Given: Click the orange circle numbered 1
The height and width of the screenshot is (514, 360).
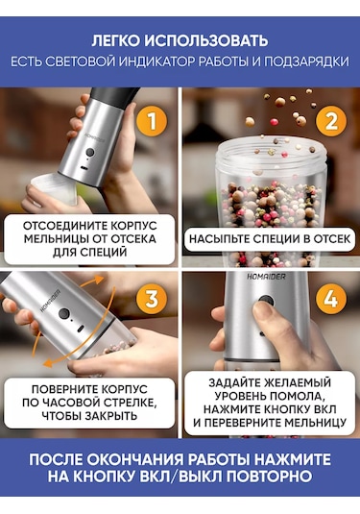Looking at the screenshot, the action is click(152, 121).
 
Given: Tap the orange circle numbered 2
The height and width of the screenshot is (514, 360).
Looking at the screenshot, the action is click(331, 121).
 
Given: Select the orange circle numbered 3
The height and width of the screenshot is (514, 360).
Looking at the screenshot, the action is click(152, 299).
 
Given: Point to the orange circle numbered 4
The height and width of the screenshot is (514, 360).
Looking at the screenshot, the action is click(331, 299).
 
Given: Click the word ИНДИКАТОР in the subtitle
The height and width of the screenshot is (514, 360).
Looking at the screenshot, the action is click(159, 61).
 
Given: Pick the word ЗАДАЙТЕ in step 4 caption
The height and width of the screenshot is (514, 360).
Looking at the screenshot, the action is click(235, 382).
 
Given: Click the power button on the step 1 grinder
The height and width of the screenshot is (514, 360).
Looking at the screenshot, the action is click(89, 153).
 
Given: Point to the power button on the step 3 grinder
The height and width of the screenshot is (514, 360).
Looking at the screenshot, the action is click(64, 314).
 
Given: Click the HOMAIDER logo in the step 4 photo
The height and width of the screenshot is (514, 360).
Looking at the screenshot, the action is click(266, 277).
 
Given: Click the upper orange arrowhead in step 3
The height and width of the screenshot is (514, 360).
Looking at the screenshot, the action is click(99, 280).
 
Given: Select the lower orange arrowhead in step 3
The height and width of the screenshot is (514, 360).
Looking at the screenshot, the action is click(48, 362).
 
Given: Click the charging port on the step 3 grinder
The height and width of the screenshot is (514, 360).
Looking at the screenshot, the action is click(81, 328).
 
